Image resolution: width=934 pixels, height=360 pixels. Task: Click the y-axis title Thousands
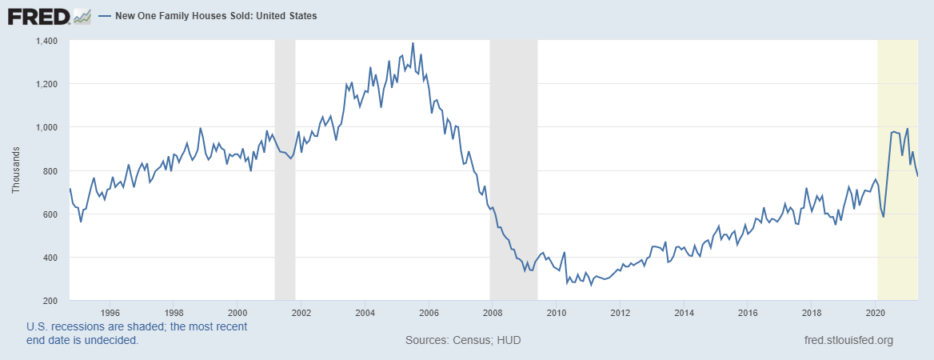pyautogui.click(x=16, y=171)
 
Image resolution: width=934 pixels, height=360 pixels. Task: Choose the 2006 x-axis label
pyautogui.click(x=429, y=312)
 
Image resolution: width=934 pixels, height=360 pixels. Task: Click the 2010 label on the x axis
pyautogui.click(x=556, y=312)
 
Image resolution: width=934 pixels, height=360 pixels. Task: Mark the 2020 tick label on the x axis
pyautogui.click(x=875, y=312)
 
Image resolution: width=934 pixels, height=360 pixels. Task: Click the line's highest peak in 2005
pyautogui.click(x=413, y=43)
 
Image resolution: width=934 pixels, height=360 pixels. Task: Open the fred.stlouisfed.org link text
pyautogui.click(x=848, y=341)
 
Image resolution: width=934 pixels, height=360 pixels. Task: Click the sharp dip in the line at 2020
pyautogui.click(x=884, y=217)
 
